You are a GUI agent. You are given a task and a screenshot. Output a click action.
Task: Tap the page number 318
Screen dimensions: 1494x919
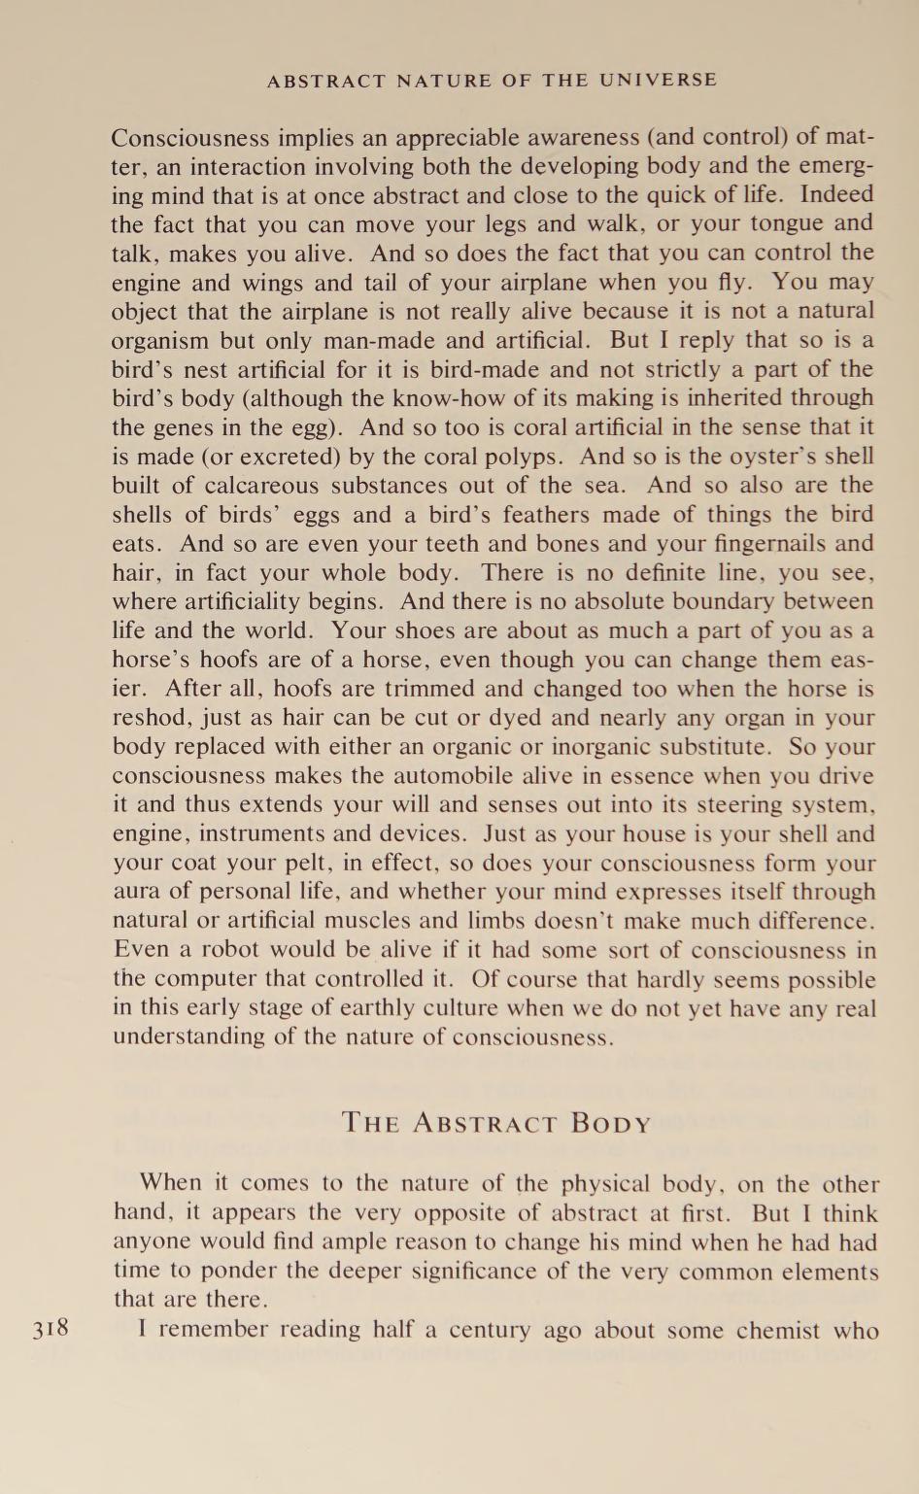point(51,1328)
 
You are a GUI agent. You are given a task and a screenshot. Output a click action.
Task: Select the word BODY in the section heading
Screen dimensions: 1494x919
point(611,1124)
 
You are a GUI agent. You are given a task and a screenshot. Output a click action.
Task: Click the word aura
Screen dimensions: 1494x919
point(135,892)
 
